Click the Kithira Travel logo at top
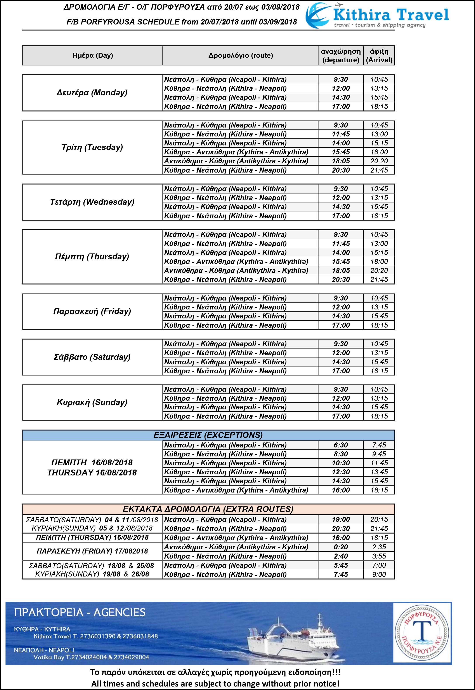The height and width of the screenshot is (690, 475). point(377,16)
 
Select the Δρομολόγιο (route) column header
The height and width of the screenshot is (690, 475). point(241,55)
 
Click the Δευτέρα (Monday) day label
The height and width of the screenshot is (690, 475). point(92,93)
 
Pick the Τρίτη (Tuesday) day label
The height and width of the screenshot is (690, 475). point(92,147)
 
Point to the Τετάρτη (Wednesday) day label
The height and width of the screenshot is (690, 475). point(92,202)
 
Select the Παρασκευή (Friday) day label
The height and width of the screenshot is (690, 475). point(92,311)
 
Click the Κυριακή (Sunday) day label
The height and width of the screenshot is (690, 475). point(92,402)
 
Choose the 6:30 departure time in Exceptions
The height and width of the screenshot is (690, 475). point(341,445)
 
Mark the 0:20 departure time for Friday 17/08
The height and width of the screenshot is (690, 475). point(341,547)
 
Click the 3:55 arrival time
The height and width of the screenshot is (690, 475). point(379,556)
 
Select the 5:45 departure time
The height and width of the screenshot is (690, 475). point(341,566)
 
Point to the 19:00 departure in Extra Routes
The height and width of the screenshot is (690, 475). point(341,520)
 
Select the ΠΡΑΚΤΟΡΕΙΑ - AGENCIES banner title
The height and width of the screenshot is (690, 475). point(80,613)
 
